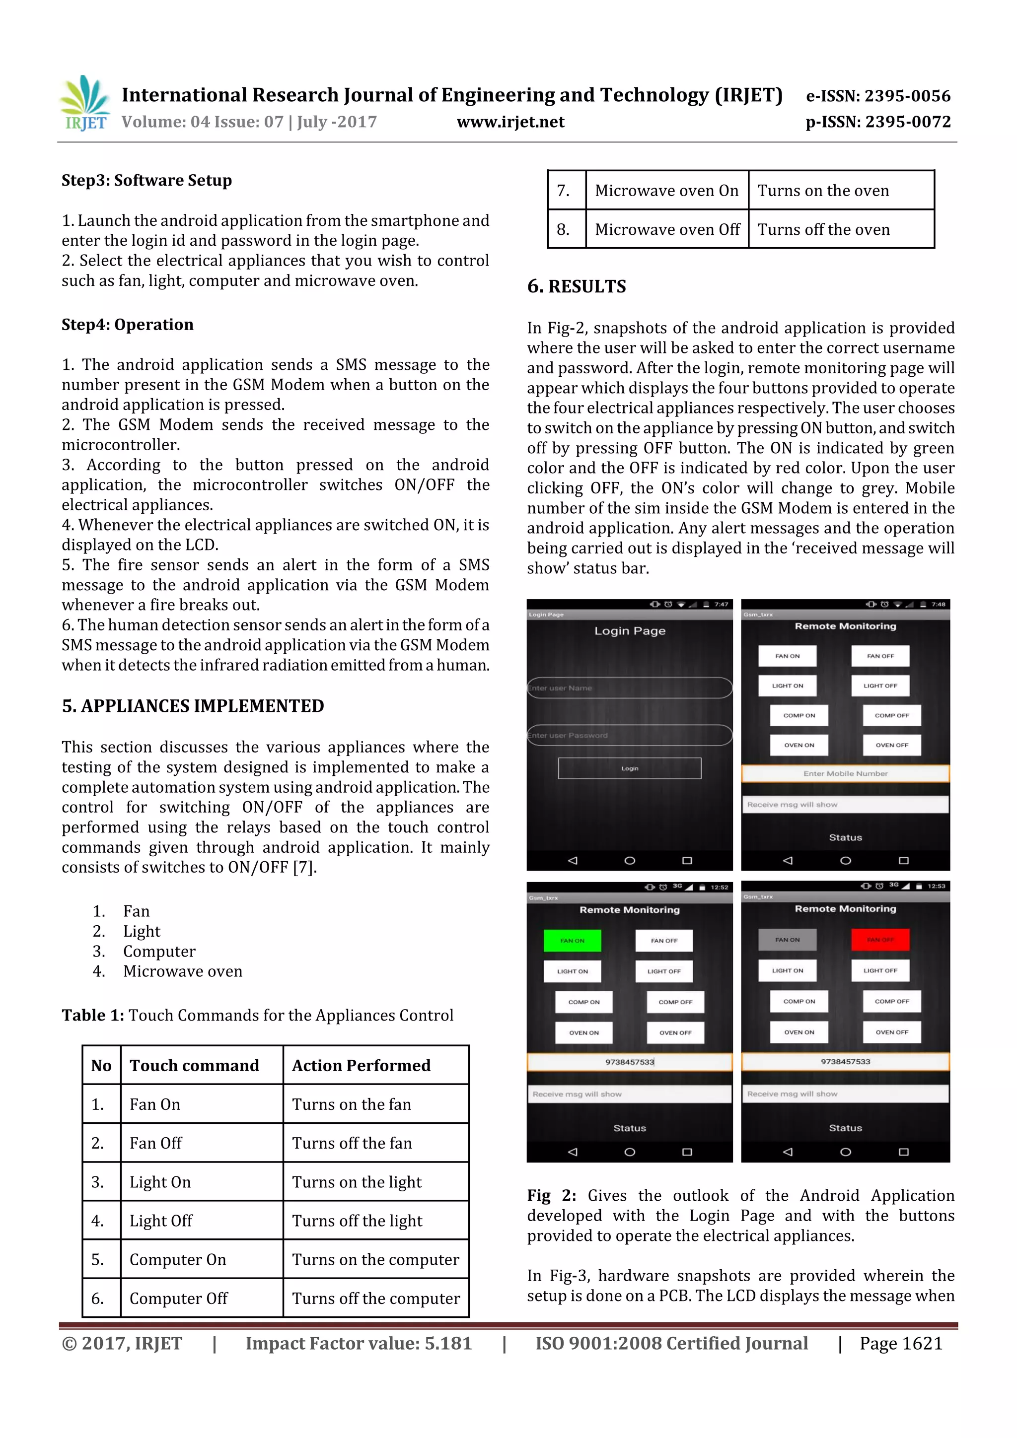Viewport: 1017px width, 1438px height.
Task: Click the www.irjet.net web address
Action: click(x=510, y=122)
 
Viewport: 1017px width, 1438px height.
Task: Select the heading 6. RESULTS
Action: click(x=576, y=286)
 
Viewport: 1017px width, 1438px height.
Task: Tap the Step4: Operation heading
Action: click(x=127, y=325)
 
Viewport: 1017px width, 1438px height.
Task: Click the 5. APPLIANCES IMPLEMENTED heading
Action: click(x=192, y=706)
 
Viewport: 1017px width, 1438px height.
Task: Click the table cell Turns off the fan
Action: click(x=352, y=1143)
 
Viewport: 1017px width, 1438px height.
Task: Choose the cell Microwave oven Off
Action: click(x=667, y=229)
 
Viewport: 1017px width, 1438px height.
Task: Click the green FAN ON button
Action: click(x=572, y=941)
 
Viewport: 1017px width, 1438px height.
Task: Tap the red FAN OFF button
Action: click(x=880, y=940)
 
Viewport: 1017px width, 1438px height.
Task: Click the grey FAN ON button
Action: click(x=787, y=940)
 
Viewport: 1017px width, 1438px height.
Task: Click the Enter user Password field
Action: click(x=629, y=735)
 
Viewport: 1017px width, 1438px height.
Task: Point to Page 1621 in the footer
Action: click(x=900, y=1343)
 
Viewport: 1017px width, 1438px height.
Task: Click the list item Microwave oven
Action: click(x=182, y=971)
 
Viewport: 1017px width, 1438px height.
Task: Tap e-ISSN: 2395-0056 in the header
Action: click(x=878, y=96)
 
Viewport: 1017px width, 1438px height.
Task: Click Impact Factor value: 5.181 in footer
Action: click(x=359, y=1343)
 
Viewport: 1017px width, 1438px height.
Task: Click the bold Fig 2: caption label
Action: click(x=551, y=1196)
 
